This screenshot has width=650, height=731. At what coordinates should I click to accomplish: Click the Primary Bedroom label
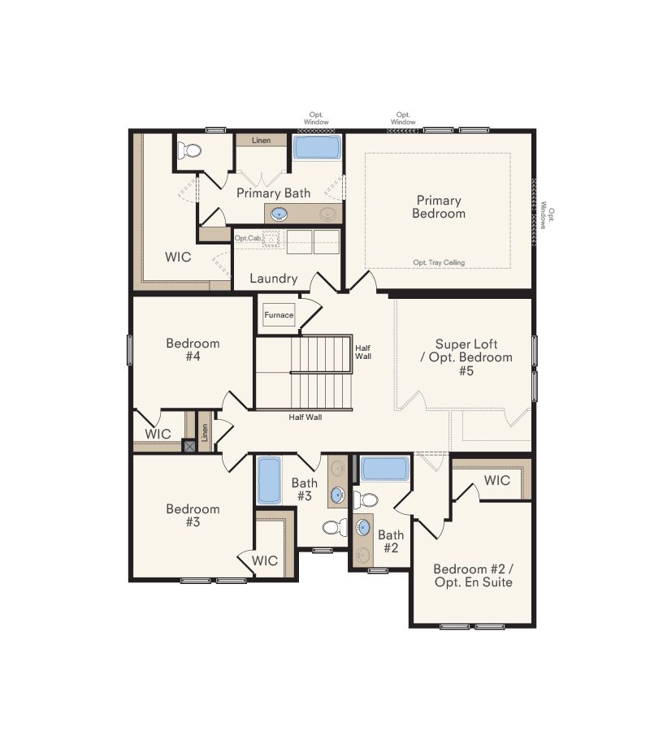click(x=439, y=206)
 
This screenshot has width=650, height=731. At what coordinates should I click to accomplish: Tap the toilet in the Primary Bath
click(x=192, y=151)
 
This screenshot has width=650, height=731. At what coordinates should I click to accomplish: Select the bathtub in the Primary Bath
click(x=317, y=148)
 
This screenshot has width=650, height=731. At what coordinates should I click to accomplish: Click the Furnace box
click(x=279, y=315)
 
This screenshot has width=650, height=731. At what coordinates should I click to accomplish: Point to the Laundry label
click(x=273, y=279)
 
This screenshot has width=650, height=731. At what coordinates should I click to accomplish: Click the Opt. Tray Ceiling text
click(x=438, y=262)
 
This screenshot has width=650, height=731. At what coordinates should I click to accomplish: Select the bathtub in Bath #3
click(x=269, y=481)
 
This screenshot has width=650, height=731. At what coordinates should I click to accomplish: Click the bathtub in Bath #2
click(x=384, y=469)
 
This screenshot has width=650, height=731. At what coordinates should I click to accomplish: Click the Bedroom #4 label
click(x=193, y=349)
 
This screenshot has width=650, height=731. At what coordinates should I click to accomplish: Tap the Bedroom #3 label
click(x=193, y=515)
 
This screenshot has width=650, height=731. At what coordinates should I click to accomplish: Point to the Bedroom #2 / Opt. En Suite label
click(x=473, y=575)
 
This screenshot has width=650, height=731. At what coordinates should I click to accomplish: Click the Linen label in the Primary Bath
click(x=261, y=141)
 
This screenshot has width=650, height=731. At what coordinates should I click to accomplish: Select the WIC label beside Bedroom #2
click(x=496, y=480)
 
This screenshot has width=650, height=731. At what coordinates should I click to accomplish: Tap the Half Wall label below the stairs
click(x=305, y=417)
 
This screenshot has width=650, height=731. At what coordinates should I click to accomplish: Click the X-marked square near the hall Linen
click(x=189, y=445)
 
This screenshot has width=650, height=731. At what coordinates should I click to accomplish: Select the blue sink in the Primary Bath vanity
click(x=279, y=214)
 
